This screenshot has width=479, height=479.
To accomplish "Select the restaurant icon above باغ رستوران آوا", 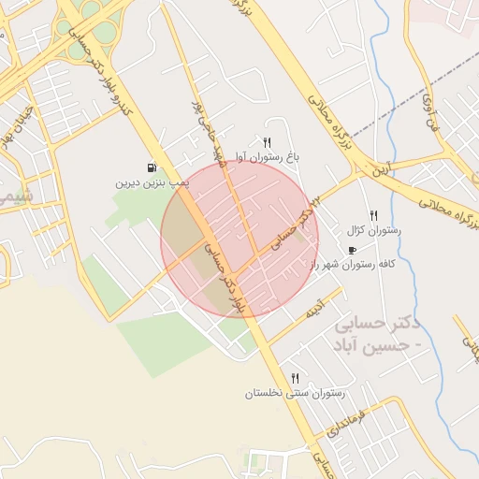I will pos(267,142).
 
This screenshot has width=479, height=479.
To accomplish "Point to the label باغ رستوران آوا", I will pos(267,157).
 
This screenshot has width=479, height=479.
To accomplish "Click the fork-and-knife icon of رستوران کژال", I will pos(373,215).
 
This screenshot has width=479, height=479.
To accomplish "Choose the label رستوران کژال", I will pos(373,229).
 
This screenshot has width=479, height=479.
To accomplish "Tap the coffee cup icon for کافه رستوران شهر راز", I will pos(352,250).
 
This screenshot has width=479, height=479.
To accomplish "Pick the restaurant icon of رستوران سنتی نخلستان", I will pos(295,378).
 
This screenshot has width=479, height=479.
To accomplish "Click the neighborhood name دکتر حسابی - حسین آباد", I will pos(378,334).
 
